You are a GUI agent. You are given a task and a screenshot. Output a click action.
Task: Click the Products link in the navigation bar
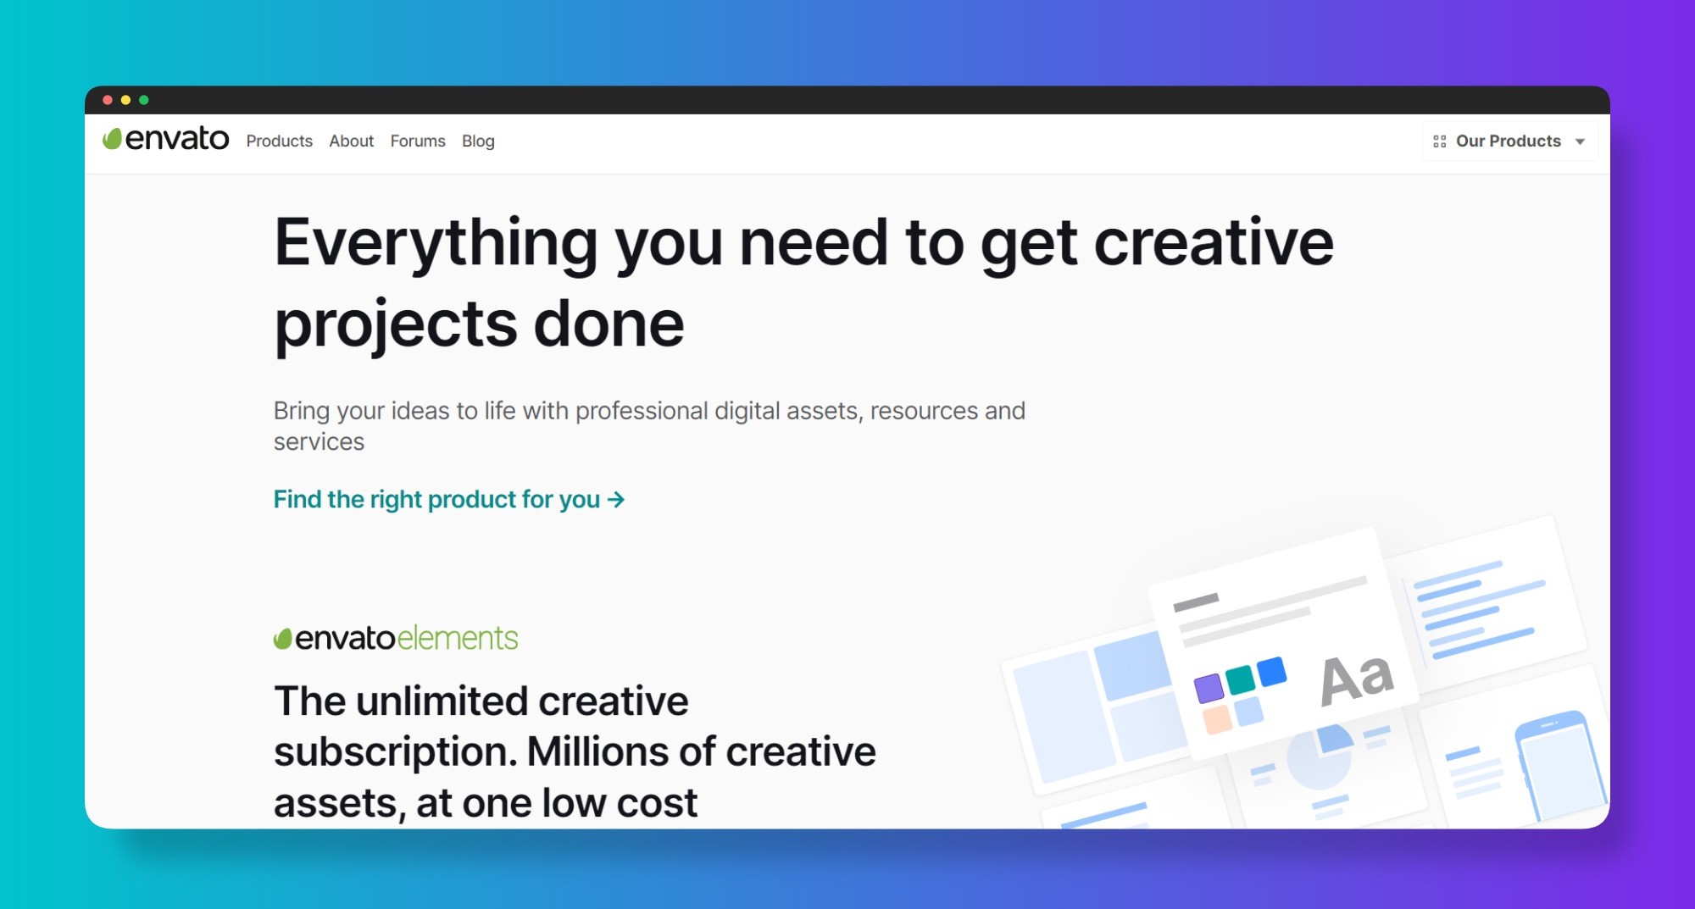(279, 141)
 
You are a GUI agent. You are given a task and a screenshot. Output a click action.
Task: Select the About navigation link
(351, 141)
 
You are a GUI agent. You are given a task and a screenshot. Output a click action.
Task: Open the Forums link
(417, 141)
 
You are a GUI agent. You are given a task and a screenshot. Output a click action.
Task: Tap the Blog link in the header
(478, 141)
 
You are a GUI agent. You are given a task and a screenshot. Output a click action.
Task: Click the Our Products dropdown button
(1508, 141)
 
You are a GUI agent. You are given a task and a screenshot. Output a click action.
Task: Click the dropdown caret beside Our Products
(1580, 141)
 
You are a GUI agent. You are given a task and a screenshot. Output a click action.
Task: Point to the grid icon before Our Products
(1439, 141)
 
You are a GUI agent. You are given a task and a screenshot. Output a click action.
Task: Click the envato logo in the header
(166, 138)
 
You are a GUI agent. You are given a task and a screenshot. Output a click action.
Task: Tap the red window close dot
(108, 100)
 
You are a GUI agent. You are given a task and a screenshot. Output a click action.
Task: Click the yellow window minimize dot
(125, 100)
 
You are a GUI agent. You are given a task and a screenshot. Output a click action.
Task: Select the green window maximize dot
(144, 100)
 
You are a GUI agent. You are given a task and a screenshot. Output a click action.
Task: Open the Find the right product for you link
(436, 499)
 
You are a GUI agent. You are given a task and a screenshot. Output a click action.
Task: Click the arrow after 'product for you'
(616, 499)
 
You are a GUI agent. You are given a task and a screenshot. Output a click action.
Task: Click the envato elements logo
(395, 638)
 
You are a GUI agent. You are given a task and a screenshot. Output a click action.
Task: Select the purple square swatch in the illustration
(1209, 687)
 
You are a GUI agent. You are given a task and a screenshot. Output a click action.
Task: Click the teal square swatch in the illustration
(1240, 679)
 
